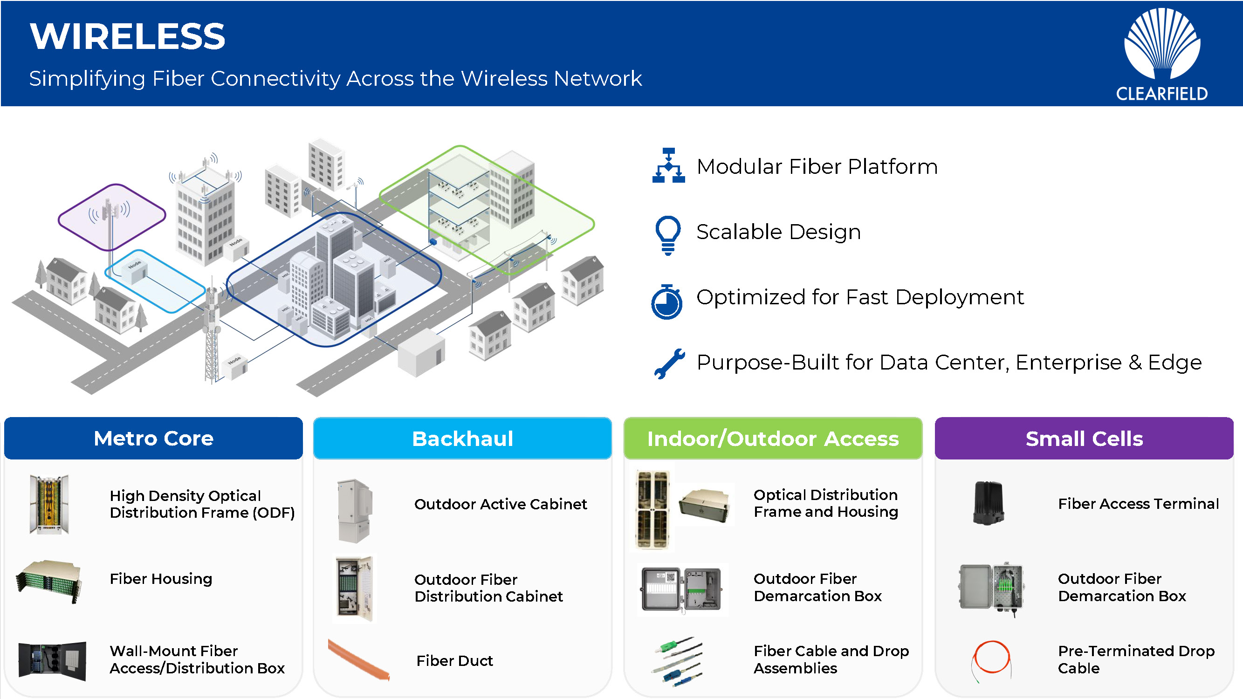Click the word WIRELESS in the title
point(127,37)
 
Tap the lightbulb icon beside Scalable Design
point(668,234)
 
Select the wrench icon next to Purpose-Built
point(669,363)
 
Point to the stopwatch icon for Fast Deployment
point(667,302)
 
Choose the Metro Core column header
point(153,439)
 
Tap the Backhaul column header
point(462,439)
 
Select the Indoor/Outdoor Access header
point(773,439)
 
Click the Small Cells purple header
point(1084,439)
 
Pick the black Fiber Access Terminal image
point(988,503)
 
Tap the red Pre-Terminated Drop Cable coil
point(992,658)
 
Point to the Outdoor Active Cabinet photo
point(355,510)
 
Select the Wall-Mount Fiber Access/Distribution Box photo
point(52,660)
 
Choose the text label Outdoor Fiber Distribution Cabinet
point(488,588)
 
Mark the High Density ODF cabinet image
point(49,504)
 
